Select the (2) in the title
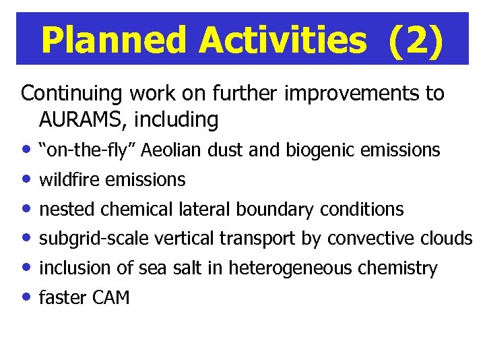coord(416,40)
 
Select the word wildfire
coord(70,180)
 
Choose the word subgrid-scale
coord(94,239)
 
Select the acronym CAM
coord(109,298)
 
